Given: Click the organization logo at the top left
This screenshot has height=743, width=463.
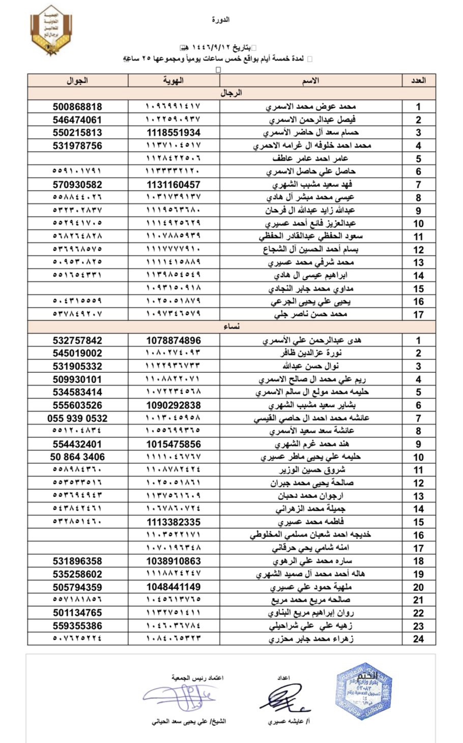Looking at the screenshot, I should coord(50,30).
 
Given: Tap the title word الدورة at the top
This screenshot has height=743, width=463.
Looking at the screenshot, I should coord(220,20).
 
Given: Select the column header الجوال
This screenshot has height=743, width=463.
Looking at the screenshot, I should coord(77,80).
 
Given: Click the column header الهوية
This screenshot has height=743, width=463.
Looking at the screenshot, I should coord(173,80).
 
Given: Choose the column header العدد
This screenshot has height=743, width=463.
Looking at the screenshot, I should coord(418,80).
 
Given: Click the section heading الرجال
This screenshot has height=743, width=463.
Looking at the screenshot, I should coord(231,93).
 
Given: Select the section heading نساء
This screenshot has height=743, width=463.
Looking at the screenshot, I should coord(231,327).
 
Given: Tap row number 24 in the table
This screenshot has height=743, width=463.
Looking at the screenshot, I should coord(418,639).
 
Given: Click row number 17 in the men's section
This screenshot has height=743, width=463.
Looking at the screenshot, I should coord(418,314).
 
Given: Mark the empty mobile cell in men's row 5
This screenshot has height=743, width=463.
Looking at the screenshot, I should coord(77,159).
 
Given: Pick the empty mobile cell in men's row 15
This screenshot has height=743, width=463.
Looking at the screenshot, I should coord(77,288).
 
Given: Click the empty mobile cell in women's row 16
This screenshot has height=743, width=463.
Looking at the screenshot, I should coord(77,535).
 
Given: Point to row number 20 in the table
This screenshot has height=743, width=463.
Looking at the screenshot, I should coord(418,587).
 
